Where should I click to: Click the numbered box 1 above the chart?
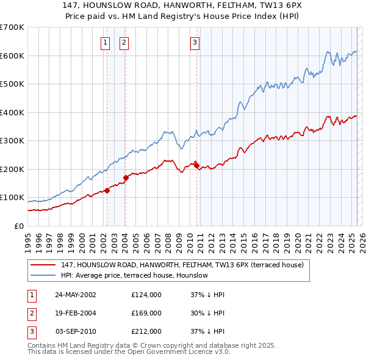pos(105,42)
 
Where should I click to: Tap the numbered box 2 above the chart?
pos(124,42)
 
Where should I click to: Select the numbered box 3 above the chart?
pos(195,42)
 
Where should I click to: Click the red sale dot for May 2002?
pos(107,190)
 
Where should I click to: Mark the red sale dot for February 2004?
pos(126,178)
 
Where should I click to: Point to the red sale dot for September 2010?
pos(196,164)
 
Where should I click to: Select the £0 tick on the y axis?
pos(18,226)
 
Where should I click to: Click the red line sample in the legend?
pos(43,265)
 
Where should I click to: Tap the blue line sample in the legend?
pos(43,276)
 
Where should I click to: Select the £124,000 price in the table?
pos(146,294)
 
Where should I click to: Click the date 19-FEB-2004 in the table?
pos(76,313)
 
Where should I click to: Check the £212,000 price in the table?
pos(146,331)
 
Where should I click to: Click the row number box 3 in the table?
pos(32,331)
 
